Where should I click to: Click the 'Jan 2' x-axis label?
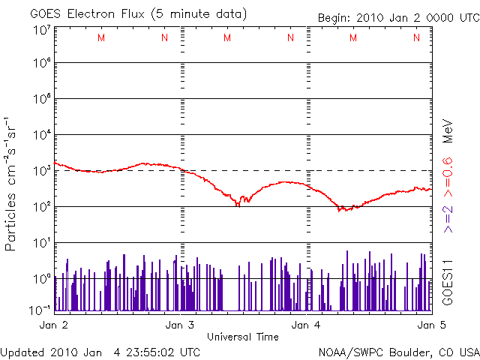54,325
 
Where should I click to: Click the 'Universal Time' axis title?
242,337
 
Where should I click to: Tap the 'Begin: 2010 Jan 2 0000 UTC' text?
397,17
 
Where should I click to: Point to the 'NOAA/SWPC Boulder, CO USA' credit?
398,352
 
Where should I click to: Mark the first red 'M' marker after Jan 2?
101,38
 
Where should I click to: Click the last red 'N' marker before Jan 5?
415,38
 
